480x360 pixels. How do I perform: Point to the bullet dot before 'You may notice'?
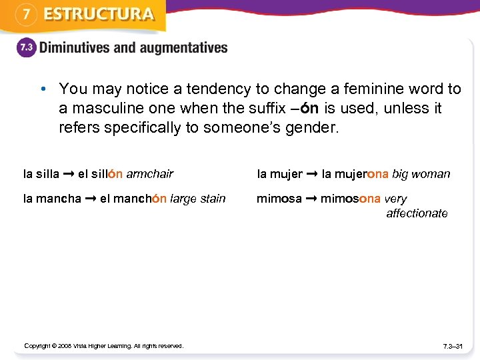coord(42,89)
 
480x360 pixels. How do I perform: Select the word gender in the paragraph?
coord(313,127)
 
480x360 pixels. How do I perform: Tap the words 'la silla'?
coord(41,174)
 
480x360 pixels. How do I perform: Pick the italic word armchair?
coord(150,174)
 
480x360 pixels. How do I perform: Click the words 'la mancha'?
coord(52,199)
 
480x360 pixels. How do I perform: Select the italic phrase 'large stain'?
coord(198,199)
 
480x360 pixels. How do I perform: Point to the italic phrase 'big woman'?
coord(421,174)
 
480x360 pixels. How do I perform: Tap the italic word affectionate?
coord(417,213)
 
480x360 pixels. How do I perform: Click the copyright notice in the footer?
coord(103,345)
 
